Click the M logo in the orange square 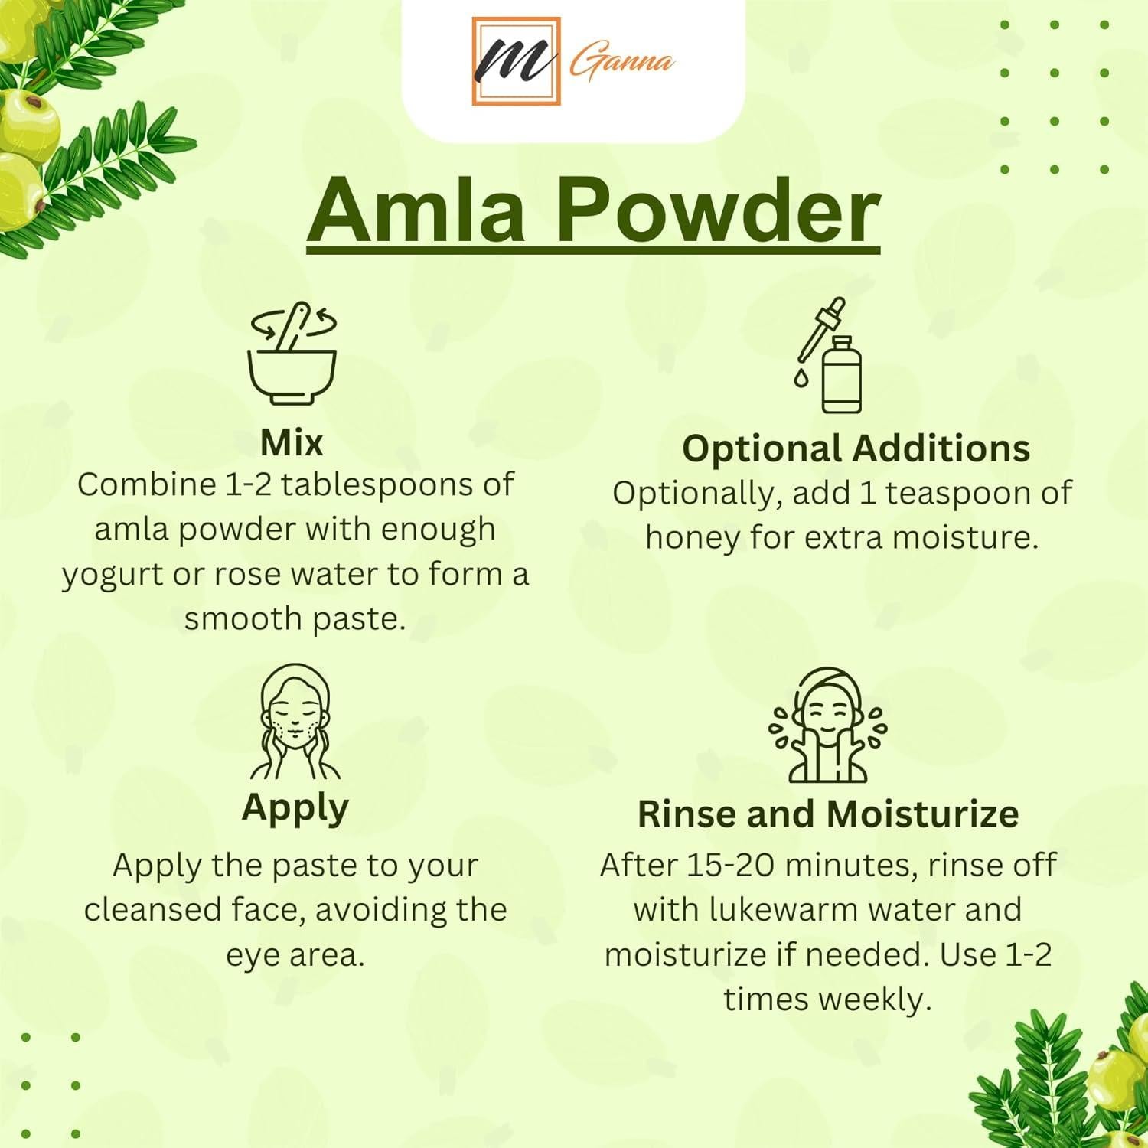516,60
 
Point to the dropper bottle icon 830,356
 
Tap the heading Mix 292,443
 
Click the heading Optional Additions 856,448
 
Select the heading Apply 295,808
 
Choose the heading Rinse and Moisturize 828,814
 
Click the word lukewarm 774,910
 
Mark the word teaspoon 960,494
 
